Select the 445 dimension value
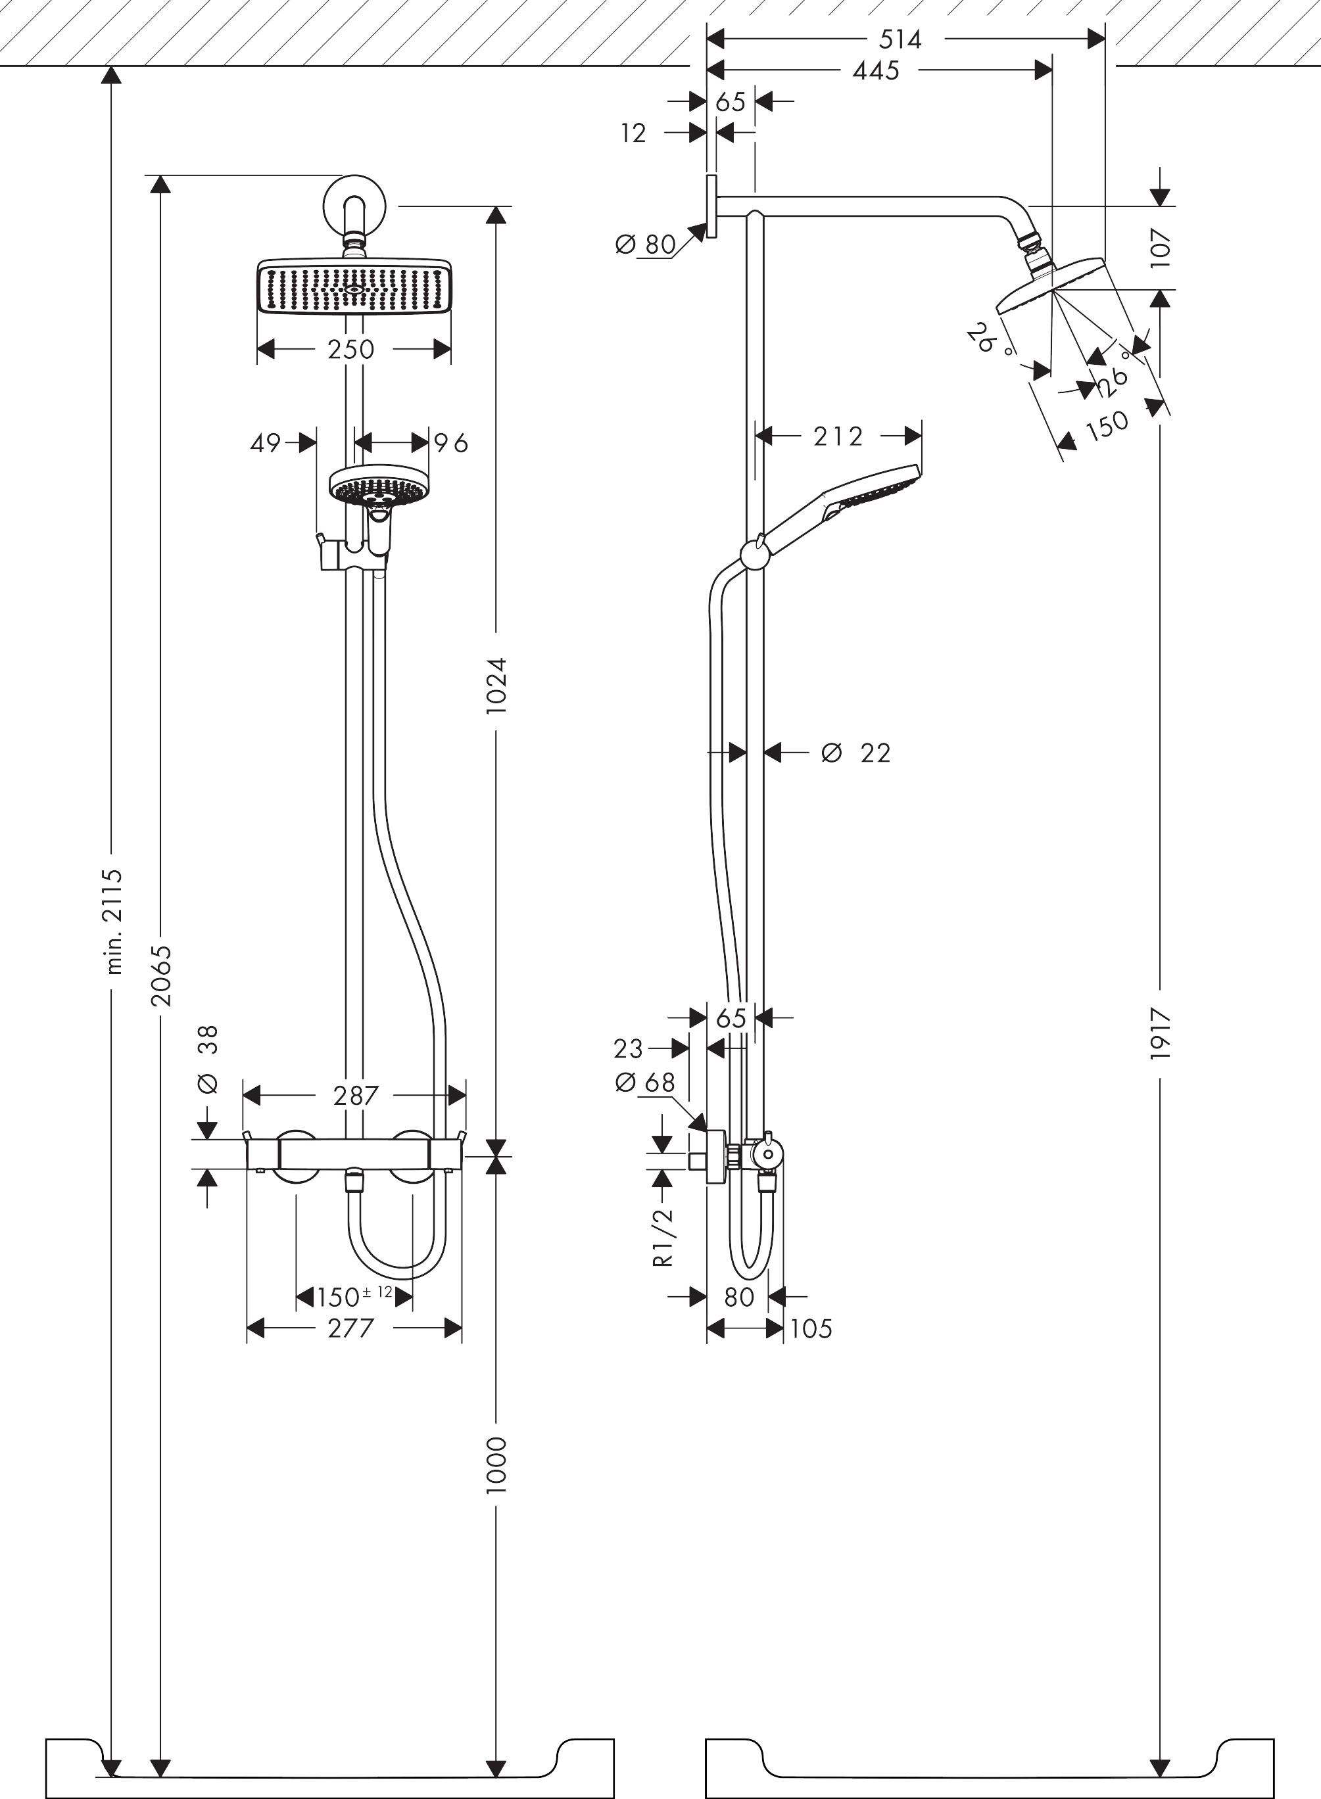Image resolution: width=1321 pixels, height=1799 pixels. pos(876,71)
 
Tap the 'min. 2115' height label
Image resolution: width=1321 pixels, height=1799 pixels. pos(115,922)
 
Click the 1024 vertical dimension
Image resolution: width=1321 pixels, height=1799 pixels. pos(496,685)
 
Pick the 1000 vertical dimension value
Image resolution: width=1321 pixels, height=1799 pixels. pos(496,1465)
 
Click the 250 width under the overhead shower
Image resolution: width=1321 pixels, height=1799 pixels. pos(351,349)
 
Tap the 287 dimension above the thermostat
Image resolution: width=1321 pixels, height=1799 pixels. pos(356,1096)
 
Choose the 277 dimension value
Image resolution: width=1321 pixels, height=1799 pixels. pos(351,1328)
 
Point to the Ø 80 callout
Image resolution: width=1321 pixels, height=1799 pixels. pos(646,244)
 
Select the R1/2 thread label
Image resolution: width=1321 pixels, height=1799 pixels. pos(663,1237)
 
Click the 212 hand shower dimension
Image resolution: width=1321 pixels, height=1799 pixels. pos(838,436)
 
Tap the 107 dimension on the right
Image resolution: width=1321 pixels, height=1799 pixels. pos(1161,248)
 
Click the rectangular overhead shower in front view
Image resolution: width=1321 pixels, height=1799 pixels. pos(354,289)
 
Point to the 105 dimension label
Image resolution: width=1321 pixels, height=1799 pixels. pos(811,1328)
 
